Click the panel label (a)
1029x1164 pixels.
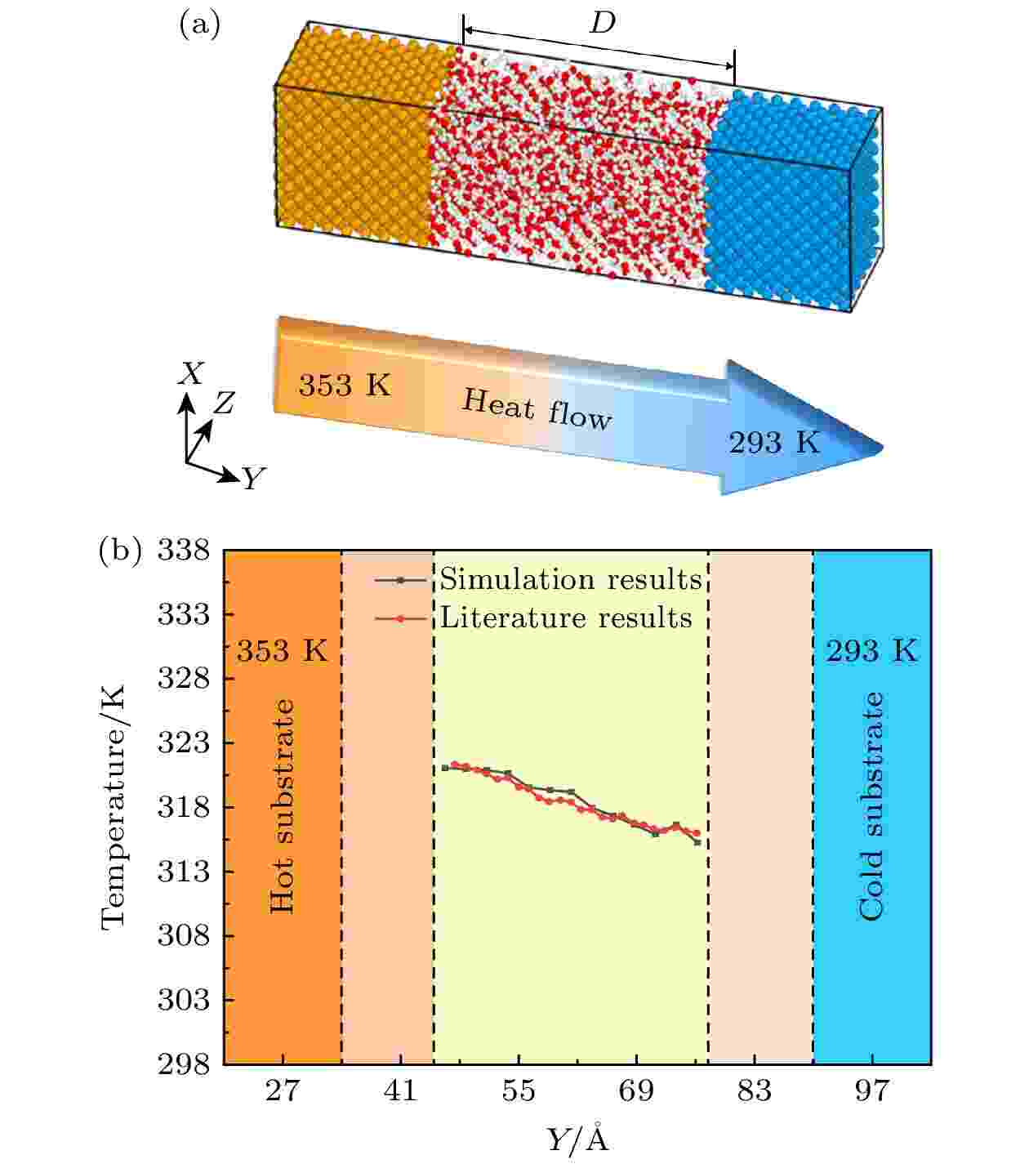coord(199,26)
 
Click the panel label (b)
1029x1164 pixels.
coord(119,551)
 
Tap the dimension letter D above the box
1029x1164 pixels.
coord(602,25)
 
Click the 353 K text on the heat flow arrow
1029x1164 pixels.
coord(344,385)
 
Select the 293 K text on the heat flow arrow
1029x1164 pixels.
coord(773,443)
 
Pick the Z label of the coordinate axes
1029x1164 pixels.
coord(224,403)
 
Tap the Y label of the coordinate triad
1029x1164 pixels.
coord(253,479)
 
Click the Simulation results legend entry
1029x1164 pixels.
coord(570,579)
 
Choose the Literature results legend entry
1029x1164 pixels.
coord(565,618)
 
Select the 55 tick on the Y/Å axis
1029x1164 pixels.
coord(518,1090)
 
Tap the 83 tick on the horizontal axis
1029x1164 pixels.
coord(754,1090)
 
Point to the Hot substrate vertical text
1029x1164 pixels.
coord(282,806)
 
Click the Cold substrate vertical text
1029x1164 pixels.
coord(871,806)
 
